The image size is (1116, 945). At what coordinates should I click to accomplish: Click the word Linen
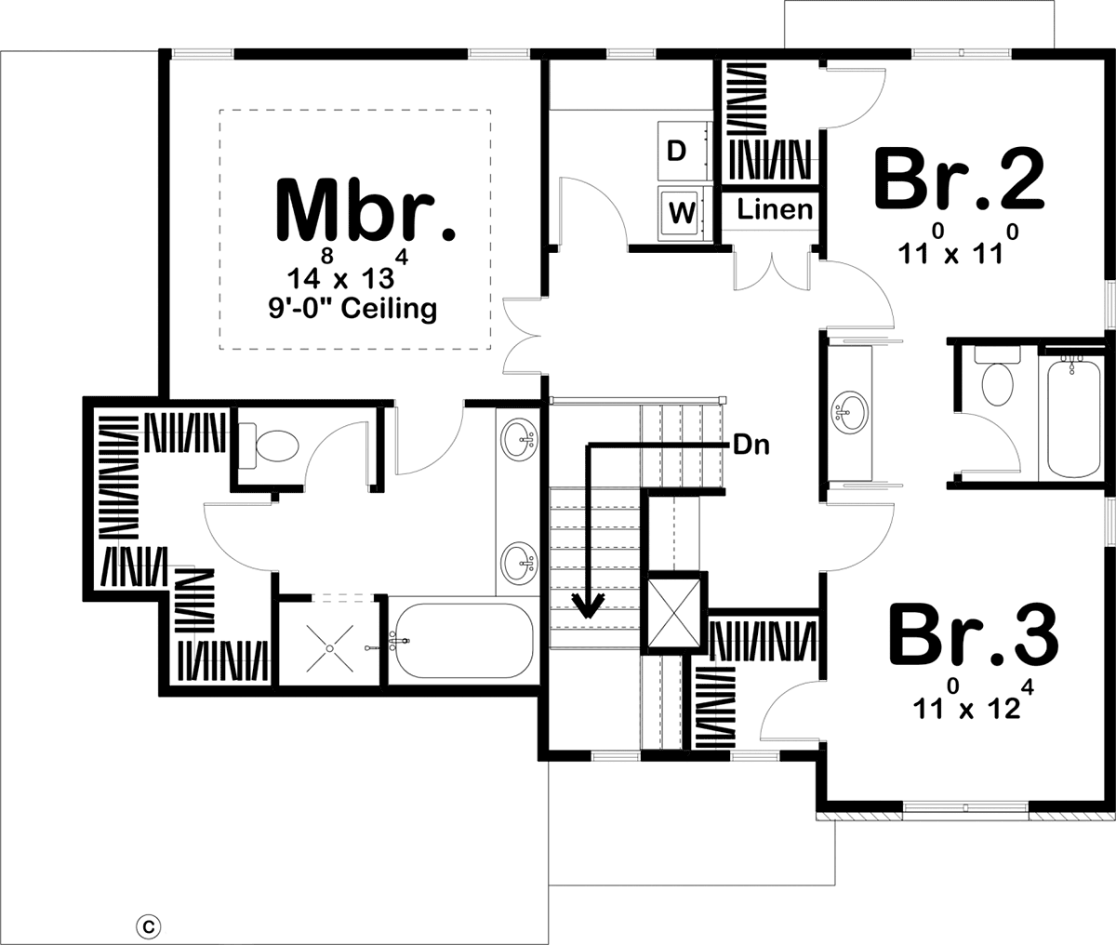(x=775, y=209)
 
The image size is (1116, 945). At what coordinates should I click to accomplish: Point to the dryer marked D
(x=684, y=152)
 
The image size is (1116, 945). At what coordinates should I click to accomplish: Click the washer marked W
(x=684, y=213)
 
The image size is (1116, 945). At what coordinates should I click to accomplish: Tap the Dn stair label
(x=751, y=446)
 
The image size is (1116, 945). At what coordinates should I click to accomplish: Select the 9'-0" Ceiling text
(x=353, y=309)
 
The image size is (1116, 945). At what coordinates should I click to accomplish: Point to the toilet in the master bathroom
(x=269, y=446)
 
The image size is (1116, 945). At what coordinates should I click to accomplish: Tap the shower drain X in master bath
(x=330, y=648)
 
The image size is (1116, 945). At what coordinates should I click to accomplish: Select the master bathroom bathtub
(x=463, y=641)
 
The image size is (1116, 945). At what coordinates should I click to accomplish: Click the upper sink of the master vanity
(x=519, y=440)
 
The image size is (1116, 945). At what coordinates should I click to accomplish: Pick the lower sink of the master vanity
(x=519, y=564)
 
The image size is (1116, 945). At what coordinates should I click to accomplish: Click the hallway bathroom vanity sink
(x=850, y=412)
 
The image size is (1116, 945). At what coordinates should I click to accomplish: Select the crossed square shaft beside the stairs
(x=673, y=613)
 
